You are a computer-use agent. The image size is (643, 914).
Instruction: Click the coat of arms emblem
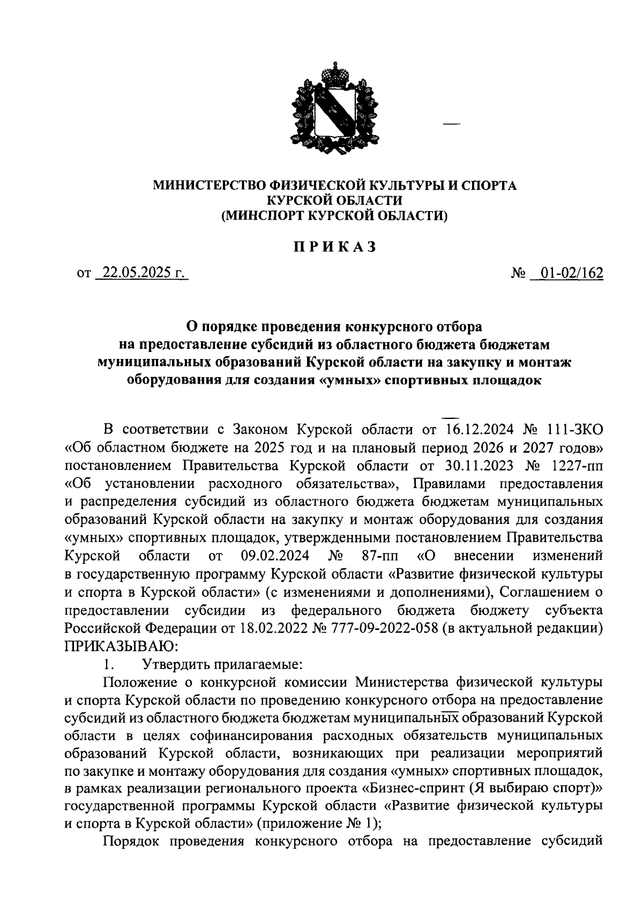327,110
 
